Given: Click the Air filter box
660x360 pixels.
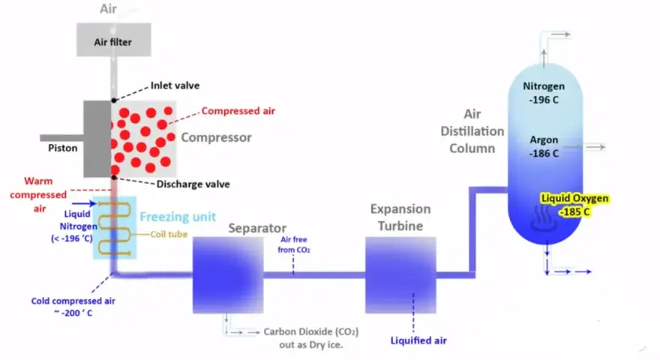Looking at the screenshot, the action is pyautogui.click(x=114, y=40).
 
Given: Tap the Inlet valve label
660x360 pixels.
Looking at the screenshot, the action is pyautogui.click(x=175, y=85).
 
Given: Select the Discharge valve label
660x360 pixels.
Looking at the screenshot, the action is pyautogui.click(x=193, y=184).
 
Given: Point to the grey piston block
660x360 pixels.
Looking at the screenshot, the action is pyautogui.click(x=97, y=139).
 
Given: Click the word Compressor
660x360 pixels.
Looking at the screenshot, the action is pyautogui.click(x=216, y=138).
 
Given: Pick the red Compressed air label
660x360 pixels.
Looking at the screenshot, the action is pyautogui.click(x=238, y=111).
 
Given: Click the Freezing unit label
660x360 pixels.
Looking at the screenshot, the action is pyautogui.click(x=178, y=217).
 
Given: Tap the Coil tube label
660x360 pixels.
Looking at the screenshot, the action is pyautogui.click(x=169, y=234).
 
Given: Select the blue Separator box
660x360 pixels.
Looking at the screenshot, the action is pyautogui.click(x=228, y=275).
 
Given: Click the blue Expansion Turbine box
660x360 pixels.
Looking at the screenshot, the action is pyautogui.click(x=400, y=275).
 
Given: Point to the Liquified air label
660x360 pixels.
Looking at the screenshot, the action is pyautogui.click(x=418, y=340).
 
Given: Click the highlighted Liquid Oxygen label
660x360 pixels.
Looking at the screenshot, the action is pyautogui.click(x=575, y=205).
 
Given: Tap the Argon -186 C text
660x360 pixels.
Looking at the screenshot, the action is pyautogui.click(x=544, y=146).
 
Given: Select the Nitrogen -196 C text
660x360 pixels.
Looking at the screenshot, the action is pyautogui.click(x=544, y=93).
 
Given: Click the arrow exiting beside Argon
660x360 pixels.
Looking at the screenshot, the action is pyautogui.click(x=585, y=147).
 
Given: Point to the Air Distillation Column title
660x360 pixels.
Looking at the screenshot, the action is pyautogui.click(x=472, y=131).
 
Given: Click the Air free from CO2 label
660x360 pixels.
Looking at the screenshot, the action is pyautogui.click(x=294, y=244).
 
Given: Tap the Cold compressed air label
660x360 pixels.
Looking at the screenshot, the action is pyautogui.click(x=73, y=307).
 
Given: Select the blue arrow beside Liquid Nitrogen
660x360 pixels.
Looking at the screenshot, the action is pyautogui.click(x=84, y=204).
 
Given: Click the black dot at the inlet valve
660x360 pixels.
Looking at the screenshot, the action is pyautogui.click(x=114, y=100).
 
